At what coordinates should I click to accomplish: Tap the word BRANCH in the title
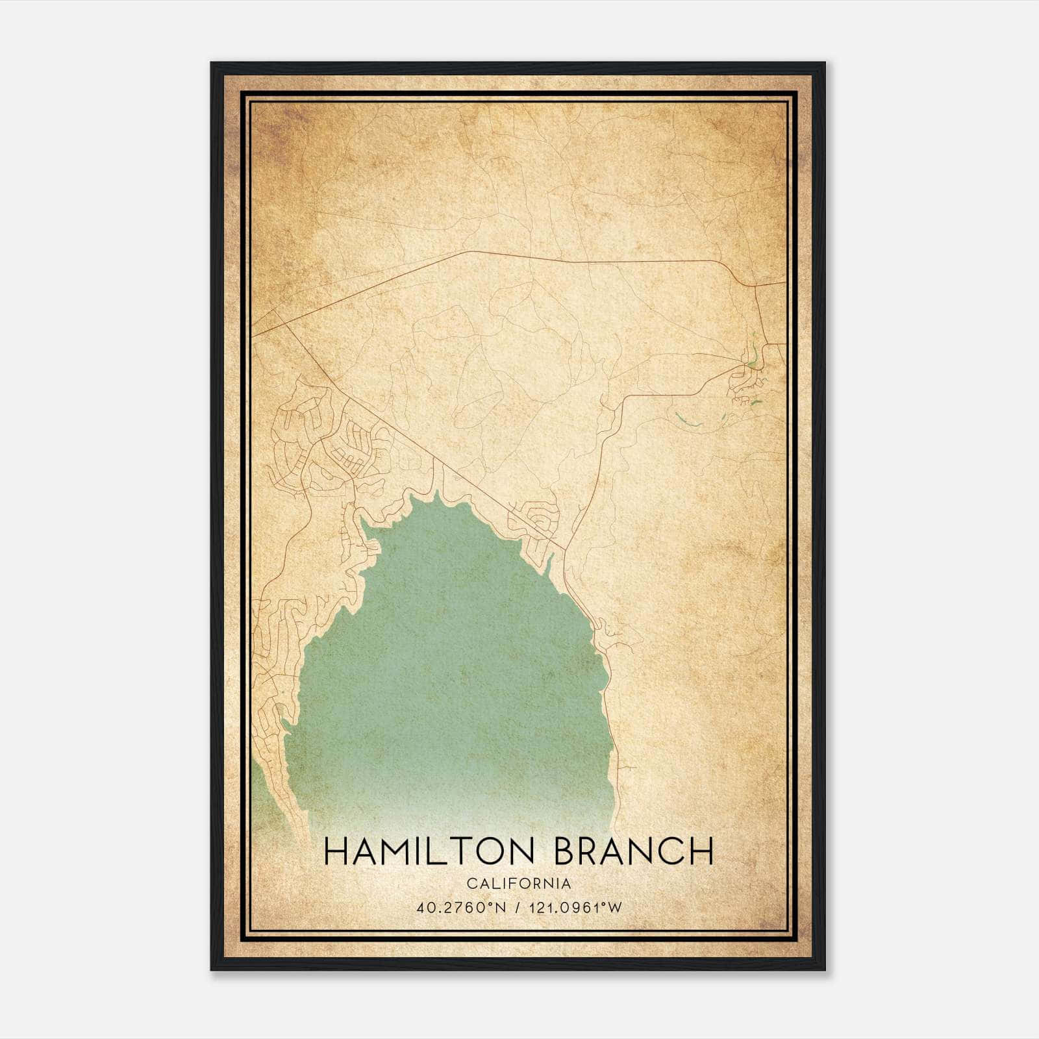click(x=634, y=851)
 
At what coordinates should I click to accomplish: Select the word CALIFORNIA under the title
click(x=519, y=884)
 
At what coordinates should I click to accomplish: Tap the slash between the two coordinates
click(x=518, y=907)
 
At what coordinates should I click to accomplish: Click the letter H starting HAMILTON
click(x=335, y=851)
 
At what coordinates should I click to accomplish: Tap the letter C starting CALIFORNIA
click(x=471, y=884)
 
